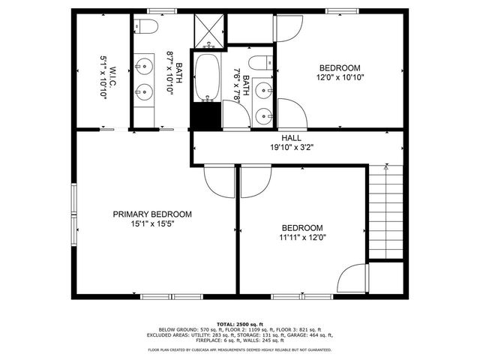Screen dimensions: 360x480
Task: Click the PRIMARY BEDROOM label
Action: coord(152,214)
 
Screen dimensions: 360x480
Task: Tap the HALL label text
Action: coord(292,138)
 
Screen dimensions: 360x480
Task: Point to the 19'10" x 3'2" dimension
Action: coord(292,148)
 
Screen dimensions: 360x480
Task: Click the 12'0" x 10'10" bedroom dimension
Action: coord(341,76)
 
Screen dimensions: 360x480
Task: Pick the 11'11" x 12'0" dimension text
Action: coord(302,238)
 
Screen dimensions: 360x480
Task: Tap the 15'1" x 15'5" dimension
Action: coord(152,223)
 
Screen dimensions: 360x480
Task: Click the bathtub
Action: coord(206,77)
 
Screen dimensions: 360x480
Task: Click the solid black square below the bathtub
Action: coord(206,115)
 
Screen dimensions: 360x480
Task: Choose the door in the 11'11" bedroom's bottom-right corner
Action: coord(351,280)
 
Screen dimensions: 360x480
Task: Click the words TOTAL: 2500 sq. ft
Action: coord(239,323)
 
